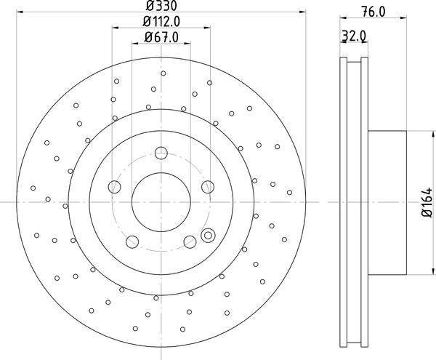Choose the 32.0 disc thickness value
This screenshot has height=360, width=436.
tap(354, 34)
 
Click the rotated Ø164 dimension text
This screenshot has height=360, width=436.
tap(425, 201)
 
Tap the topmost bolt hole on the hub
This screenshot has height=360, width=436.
tap(161, 153)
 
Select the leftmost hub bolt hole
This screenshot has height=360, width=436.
tap(114, 187)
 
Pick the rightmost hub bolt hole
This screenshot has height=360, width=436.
tap(208, 187)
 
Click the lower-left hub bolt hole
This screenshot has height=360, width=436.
tap(132, 241)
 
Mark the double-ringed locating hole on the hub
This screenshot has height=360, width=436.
tap(209, 235)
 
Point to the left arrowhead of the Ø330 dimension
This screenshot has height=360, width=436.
tap(20, 12)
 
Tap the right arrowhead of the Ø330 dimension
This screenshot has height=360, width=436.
tap(302, 12)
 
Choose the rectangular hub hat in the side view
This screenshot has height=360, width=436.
tap(387, 201)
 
